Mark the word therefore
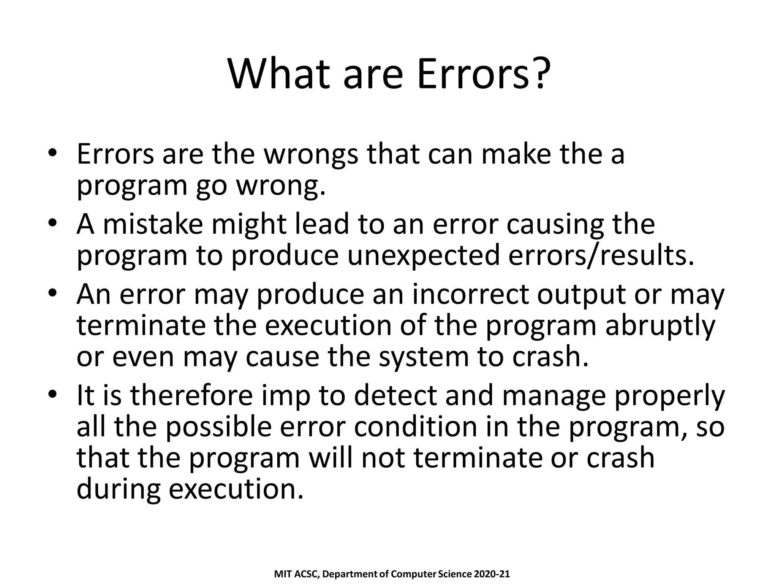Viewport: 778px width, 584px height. [191, 396]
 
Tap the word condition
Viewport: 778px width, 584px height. [416, 427]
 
